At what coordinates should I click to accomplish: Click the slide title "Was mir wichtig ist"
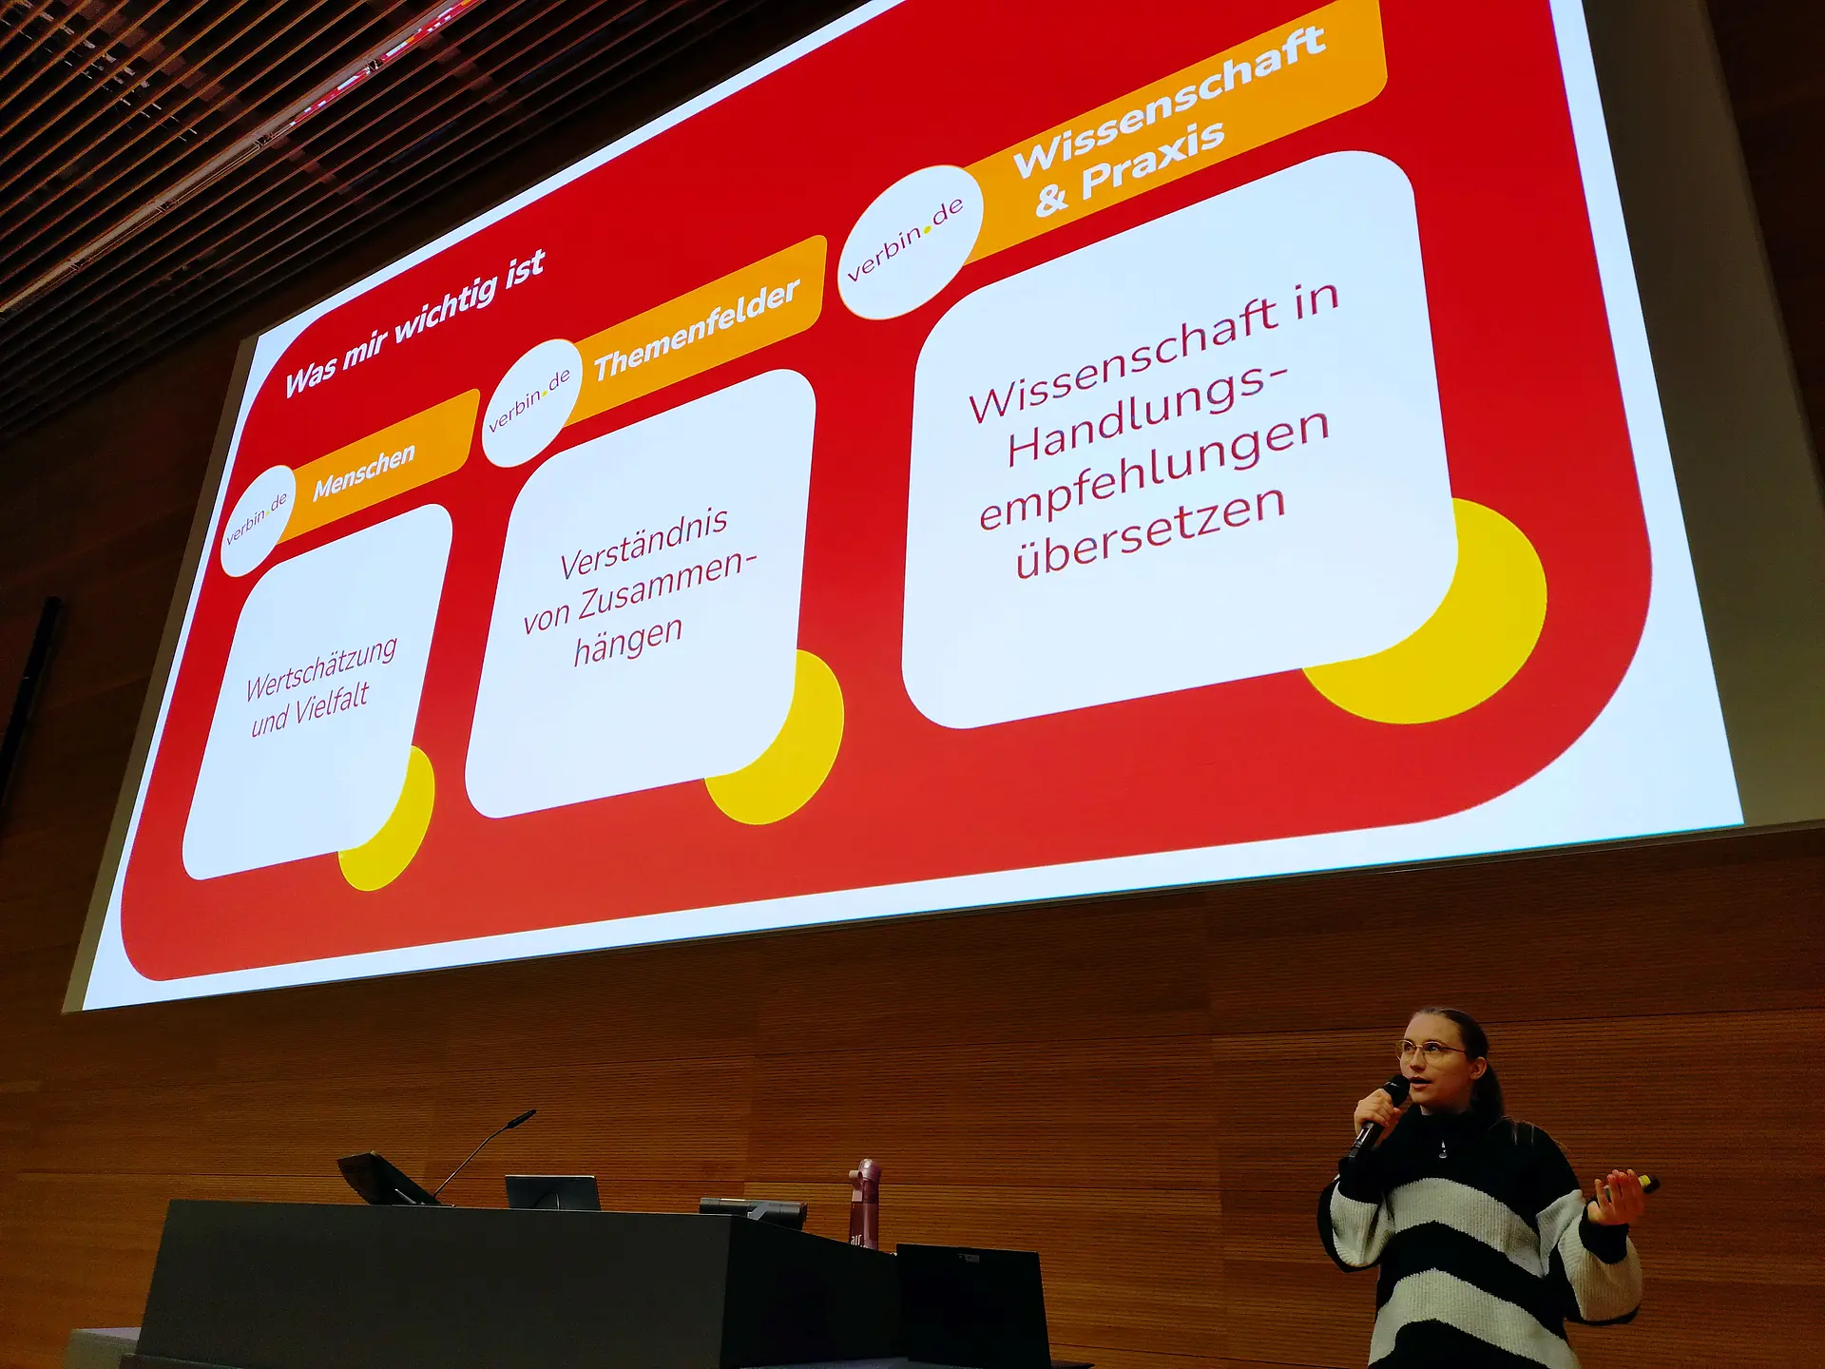415,323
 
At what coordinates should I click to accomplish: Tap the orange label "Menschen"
364,472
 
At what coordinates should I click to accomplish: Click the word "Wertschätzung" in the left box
321,667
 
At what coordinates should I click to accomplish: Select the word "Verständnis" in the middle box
644,543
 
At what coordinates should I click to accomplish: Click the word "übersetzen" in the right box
1150,531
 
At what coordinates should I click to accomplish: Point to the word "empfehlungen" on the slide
1154,470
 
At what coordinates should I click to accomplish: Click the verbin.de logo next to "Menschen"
258,520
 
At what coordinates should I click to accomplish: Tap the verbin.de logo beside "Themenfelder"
529,403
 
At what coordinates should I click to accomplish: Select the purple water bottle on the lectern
866,1202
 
